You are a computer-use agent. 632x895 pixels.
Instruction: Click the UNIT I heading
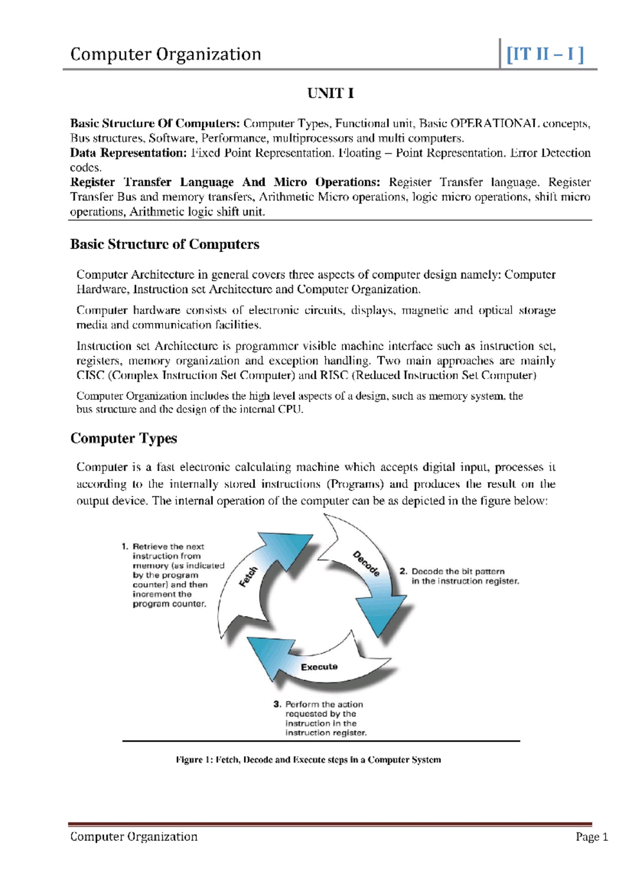click(330, 93)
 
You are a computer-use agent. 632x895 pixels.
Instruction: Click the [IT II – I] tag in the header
click(545, 54)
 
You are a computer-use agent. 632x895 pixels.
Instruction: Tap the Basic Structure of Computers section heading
click(164, 244)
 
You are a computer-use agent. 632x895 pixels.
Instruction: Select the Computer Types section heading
click(123, 439)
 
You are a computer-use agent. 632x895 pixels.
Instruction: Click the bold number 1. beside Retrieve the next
click(125, 547)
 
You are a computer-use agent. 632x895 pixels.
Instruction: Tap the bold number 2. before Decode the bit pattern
click(403, 571)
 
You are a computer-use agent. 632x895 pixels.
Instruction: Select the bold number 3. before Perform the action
click(278, 704)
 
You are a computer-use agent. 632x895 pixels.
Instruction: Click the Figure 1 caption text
click(308, 760)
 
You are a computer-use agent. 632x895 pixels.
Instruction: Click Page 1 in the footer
click(591, 837)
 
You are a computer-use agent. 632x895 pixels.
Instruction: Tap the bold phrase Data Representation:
click(129, 153)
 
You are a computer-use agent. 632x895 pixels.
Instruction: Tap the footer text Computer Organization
click(134, 837)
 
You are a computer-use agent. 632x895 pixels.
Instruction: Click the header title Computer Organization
click(165, 54)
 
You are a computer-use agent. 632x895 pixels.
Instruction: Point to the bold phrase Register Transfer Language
click(152, 182)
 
